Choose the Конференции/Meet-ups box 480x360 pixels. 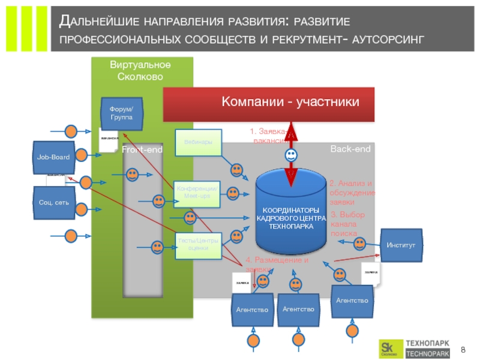point(197,194)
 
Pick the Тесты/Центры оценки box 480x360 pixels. point(197,244)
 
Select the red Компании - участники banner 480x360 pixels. point(269,103)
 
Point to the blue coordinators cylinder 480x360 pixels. point(290,213)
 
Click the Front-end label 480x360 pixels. point(142,149)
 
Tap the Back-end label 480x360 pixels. point(350,148)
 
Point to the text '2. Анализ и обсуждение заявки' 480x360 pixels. point(352,193)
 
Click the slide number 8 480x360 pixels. point(463,349)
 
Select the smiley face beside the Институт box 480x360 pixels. point(359,244)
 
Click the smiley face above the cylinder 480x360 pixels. point(290,155)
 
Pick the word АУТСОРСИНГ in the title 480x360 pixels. point(389,40)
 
